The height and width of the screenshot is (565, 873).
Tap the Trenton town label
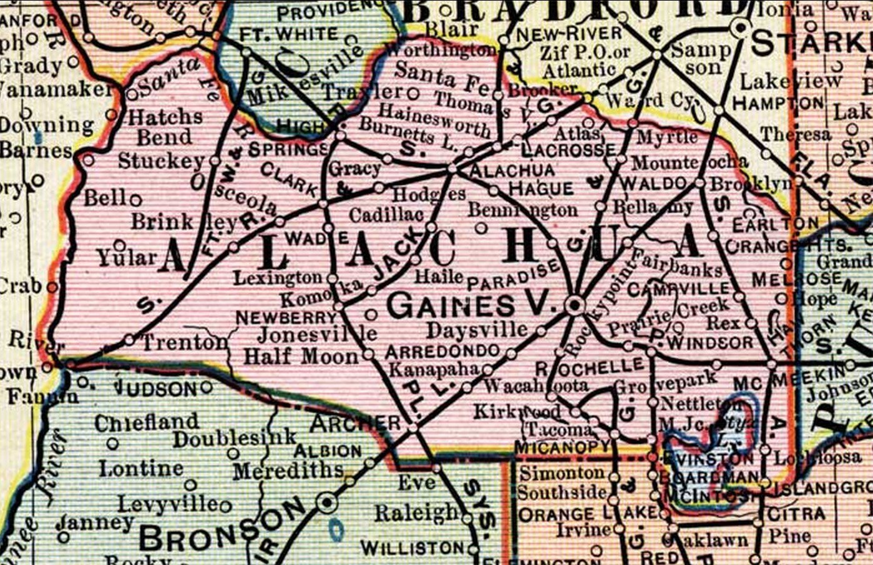click(x=185, y=342)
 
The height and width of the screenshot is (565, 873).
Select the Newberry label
click(x=286, y=318)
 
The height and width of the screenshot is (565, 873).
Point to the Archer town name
click(x=355, y=423)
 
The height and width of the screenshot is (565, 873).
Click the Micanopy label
click(x=562, y=447)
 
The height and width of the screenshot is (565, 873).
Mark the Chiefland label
click(x=147, y=423)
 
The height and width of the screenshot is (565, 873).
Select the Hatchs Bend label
click(x=165, y=127)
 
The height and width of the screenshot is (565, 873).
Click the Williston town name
click(x=412, y=549)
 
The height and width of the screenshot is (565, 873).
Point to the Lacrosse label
click(x=568, y=150)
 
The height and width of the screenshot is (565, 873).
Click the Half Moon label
click(x=301, y=356)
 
